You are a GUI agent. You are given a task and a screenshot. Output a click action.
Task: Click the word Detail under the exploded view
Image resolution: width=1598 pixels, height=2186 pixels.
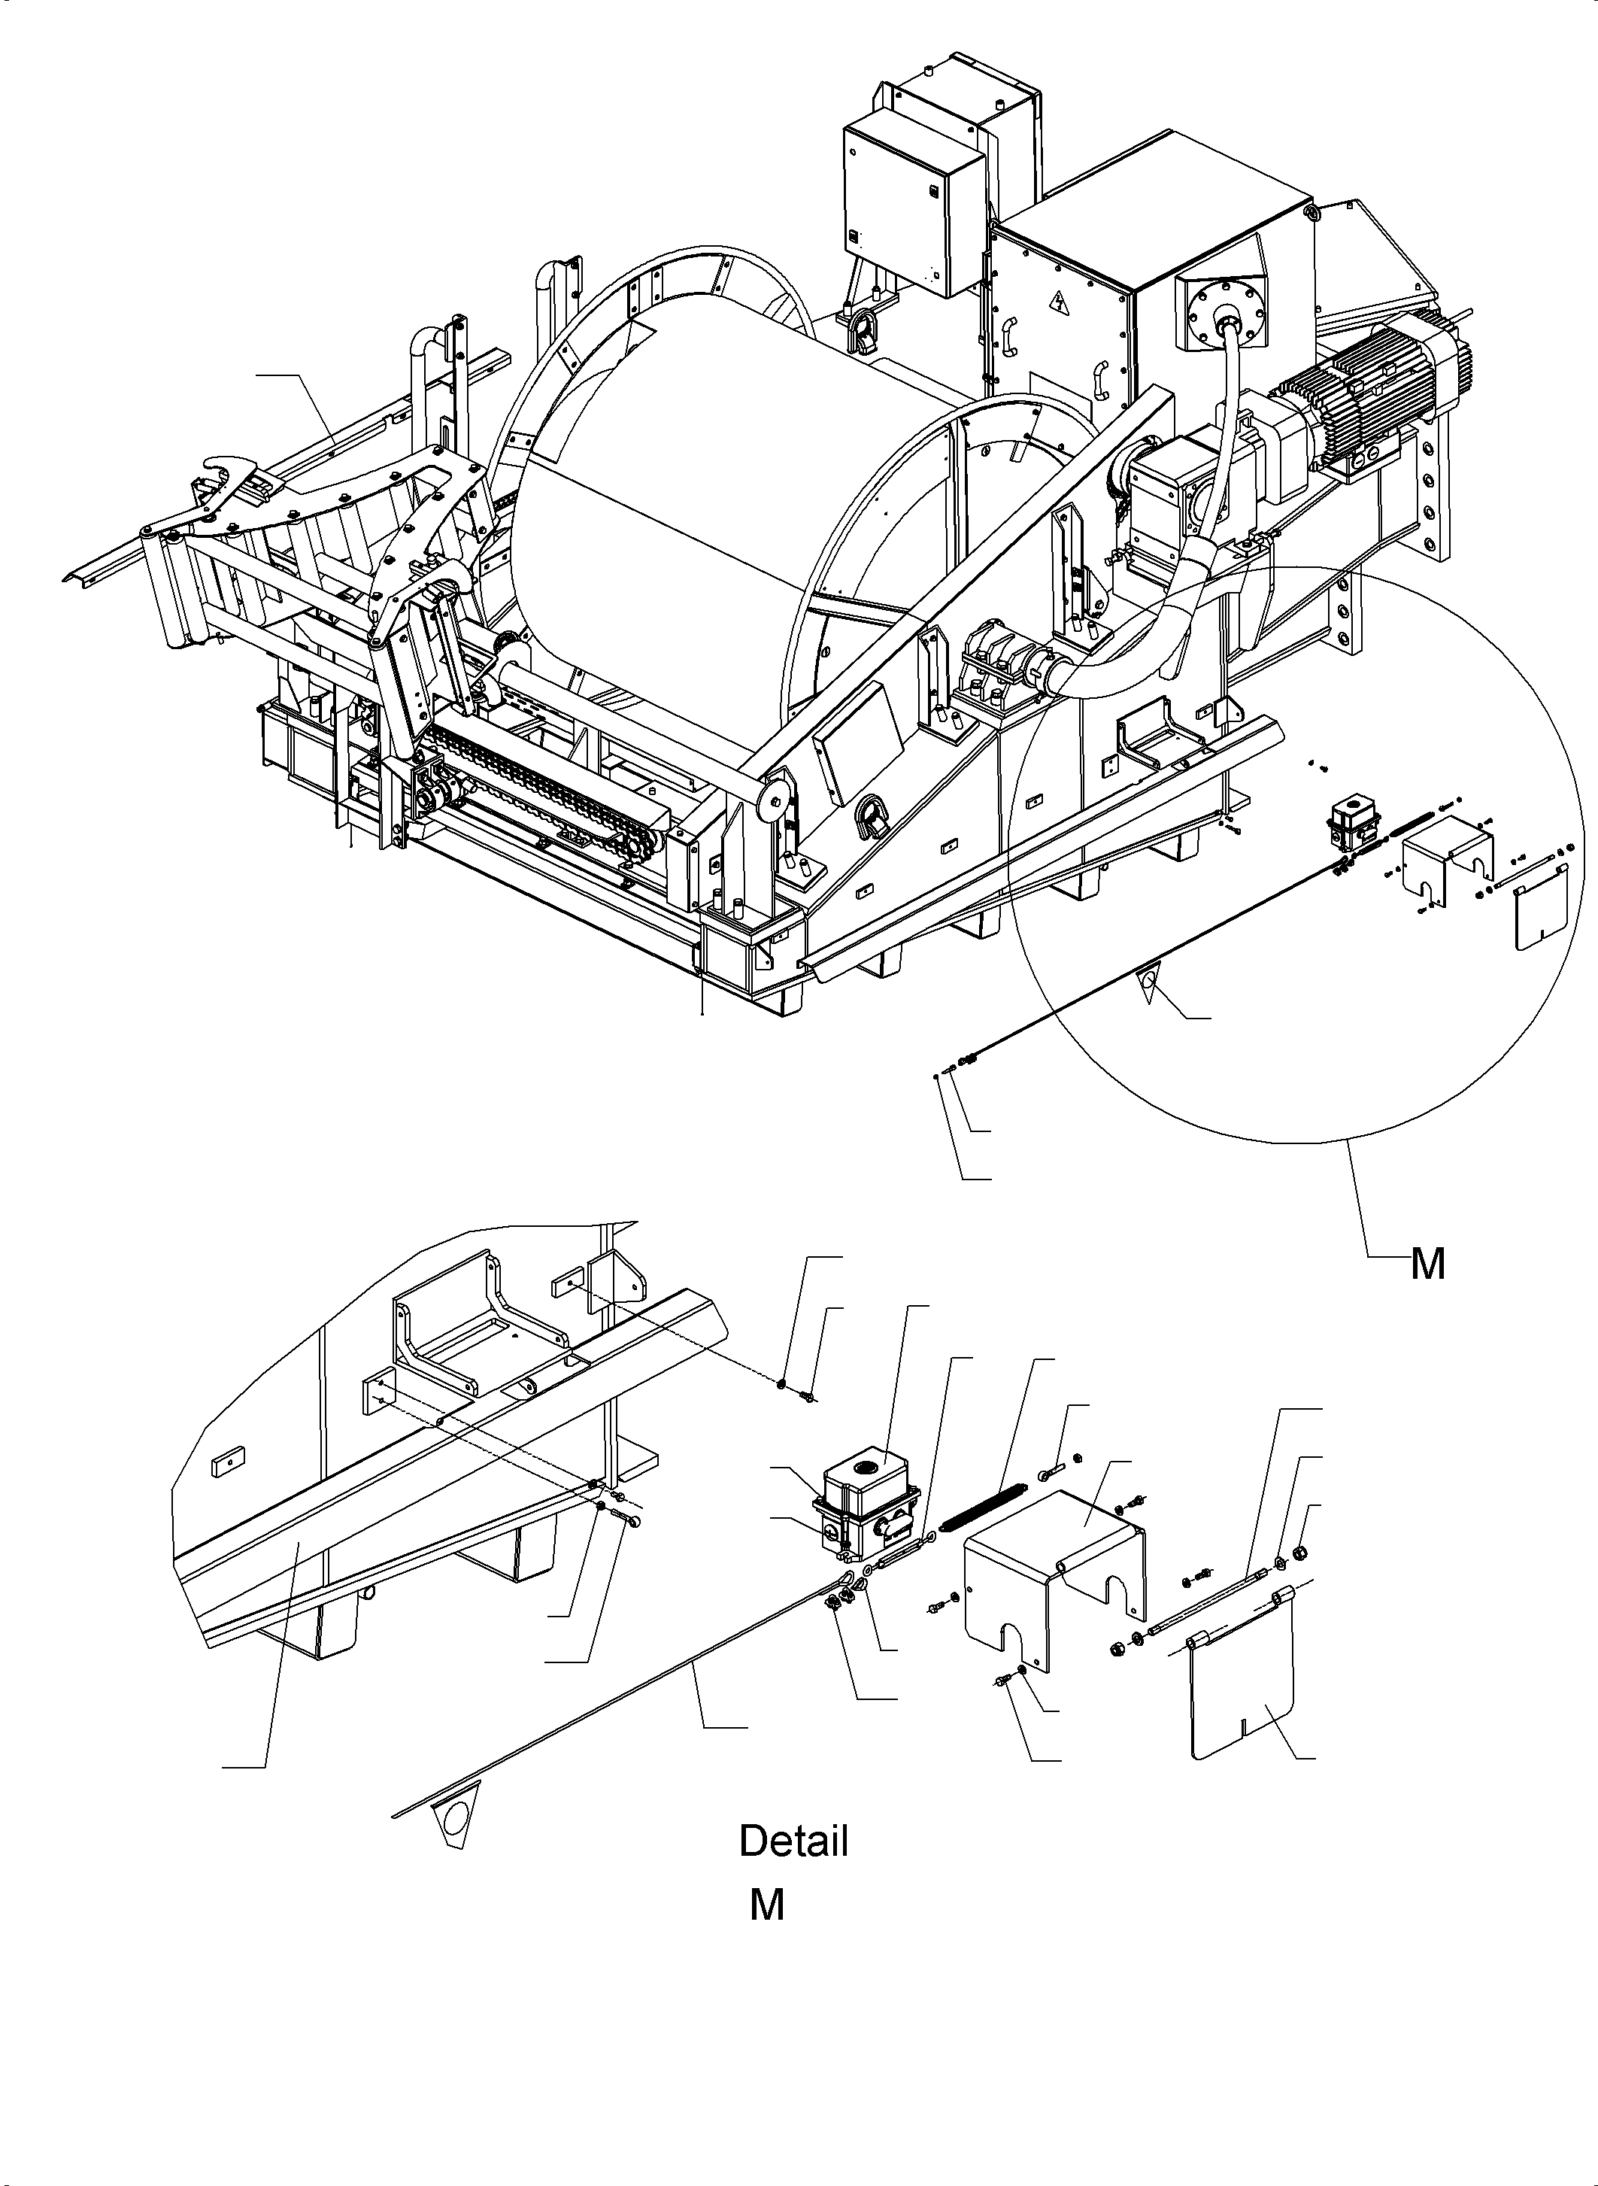click(x=793, y=1841)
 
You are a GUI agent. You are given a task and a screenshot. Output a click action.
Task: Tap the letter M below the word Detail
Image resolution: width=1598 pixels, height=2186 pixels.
click(x=766, y=1905)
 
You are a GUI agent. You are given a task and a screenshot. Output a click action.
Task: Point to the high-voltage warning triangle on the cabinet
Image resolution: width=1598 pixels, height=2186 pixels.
click(x=1062, y=308)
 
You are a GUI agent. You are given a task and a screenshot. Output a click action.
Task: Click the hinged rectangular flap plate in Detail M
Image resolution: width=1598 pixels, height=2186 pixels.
click(x=1243, y=1687)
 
